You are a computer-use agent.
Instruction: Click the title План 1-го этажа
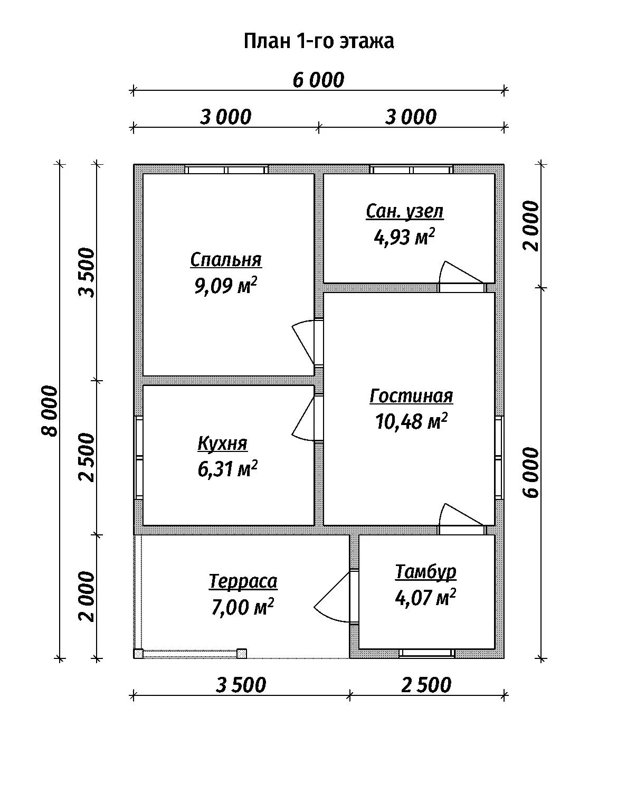point(319,41)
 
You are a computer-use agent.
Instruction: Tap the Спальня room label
point(226,260)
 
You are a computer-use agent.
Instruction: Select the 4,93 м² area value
point(404,237)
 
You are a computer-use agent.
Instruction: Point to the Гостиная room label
point(411,397)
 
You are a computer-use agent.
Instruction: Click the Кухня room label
point(223,444)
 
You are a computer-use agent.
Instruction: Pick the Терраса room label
point(243,582)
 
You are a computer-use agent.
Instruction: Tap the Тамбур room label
point(425,572)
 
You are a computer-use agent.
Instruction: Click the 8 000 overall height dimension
point(50,411)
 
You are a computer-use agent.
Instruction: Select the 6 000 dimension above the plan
point(319,80)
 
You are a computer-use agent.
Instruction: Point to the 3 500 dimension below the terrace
point(241,685)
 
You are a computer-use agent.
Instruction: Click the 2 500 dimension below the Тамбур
point(426,685)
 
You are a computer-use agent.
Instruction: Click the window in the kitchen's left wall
point(138,457)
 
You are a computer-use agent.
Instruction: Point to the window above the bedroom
point(226,169)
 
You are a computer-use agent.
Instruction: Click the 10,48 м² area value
point(411,422)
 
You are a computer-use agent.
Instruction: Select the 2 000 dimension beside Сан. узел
point(531,226)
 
